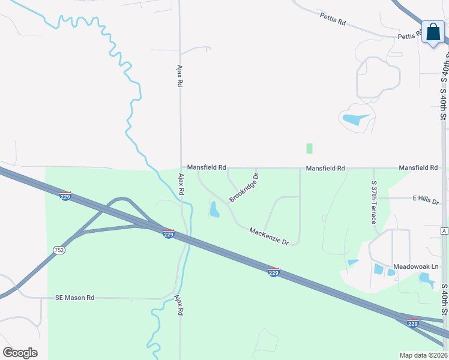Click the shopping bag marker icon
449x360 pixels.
click(433, 32)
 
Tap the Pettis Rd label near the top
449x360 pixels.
click(333, 21)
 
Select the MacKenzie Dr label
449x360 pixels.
click(269, 236)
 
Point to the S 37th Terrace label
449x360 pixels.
click(374, 202)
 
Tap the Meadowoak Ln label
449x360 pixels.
click(417, 266)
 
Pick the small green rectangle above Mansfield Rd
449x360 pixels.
click(309, 148)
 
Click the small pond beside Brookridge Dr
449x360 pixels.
click(214, 209)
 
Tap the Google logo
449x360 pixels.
click(20, 352)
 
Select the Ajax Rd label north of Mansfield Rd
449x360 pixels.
click(179, 76)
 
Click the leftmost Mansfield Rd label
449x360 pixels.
click(206, 167)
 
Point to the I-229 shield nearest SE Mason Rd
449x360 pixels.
click(168, 233)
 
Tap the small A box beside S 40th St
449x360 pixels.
click(444, 231)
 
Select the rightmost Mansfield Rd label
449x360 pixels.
click(418, 168)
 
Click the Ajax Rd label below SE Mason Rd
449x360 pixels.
click(178, 305)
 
